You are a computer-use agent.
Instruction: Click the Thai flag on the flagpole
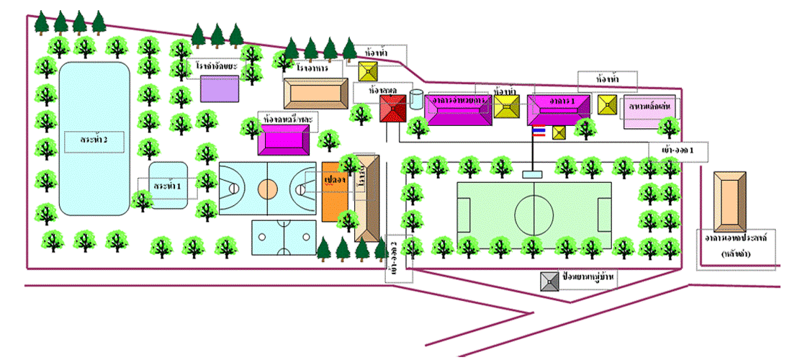538,132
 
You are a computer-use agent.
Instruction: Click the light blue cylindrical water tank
417,99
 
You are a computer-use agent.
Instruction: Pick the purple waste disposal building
219,89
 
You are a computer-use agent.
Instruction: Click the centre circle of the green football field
534,209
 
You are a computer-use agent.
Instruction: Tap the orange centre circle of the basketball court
267,189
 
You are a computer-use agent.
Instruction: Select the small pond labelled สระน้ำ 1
168,185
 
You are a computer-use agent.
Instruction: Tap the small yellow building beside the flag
559,132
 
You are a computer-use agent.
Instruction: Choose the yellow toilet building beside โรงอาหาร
369,71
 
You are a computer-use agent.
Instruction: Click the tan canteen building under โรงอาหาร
316,94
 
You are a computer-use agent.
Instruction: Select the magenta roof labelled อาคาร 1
552,109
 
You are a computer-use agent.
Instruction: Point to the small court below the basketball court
284,238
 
